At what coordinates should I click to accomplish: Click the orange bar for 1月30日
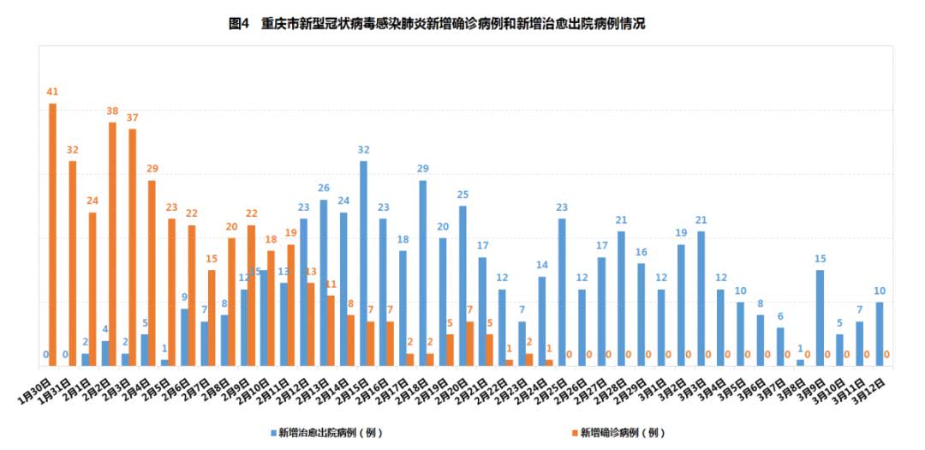pyautogui.click(x=53, y=235)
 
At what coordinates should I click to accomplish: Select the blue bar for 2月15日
pyautogui.click(x=364, y=264)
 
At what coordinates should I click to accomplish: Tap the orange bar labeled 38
pyautogui.click(x=113, y=244)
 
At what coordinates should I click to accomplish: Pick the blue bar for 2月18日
pyautogui.click(x=423, y=273)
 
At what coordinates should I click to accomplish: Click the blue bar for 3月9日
pyautogui.click(x=821, y=318)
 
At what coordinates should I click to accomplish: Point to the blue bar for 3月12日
pyautogui.click(x=880, y=334)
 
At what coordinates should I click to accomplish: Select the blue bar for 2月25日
pyautogui.click(x=562, y=292)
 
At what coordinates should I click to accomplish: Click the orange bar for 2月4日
pyautogui.click(x=152, y=273)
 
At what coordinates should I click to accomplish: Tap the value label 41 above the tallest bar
pyautogui.click(x=53, y=92)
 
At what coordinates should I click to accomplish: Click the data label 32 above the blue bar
pyautogui.click(x=364, y=150)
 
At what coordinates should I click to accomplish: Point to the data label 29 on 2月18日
pyautogui.click(x=423, y=169)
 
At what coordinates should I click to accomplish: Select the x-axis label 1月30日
pyautogui.click(x=34, y=388)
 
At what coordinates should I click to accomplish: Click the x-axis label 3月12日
pyautogui.click(x=867, y=388)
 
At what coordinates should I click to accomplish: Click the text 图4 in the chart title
pyautogui.click(x=239, y=24)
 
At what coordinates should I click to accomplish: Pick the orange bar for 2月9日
pyautogui.click(x=252, y=296)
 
